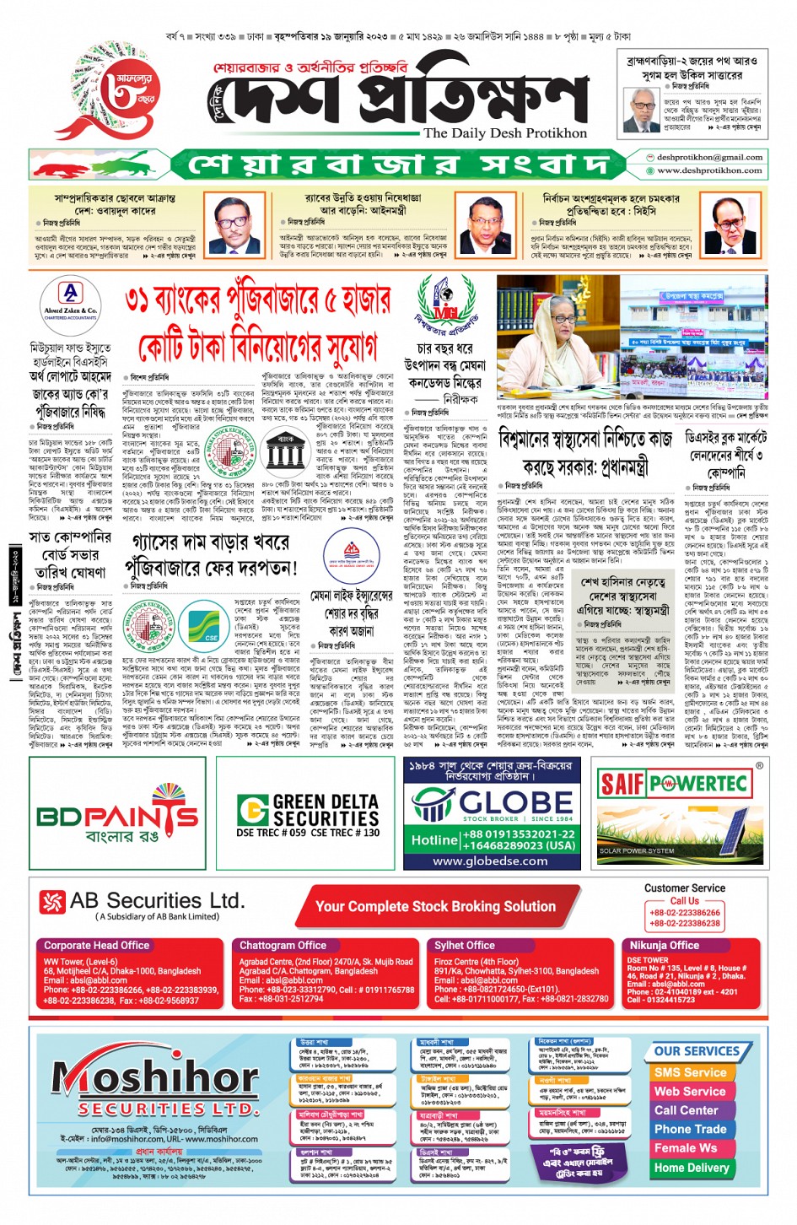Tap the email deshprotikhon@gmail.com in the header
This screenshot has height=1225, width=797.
[x=709, y=157]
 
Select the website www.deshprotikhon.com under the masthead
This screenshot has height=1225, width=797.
[x=709, y=170]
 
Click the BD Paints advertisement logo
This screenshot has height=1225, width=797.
[x=117, y=814]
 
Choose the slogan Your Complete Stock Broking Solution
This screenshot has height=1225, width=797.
[x=435, y=906]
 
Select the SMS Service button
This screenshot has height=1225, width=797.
[x=689, y=1072]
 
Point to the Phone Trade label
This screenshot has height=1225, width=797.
[x=690, y=1129]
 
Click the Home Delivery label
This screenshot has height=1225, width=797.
[x=692, y=1168]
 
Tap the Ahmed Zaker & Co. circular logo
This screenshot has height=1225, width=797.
[x=70, y=302]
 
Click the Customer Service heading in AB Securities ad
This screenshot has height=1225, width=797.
[x=684, y=888]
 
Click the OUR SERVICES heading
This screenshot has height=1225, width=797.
[x=697, y=1051]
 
